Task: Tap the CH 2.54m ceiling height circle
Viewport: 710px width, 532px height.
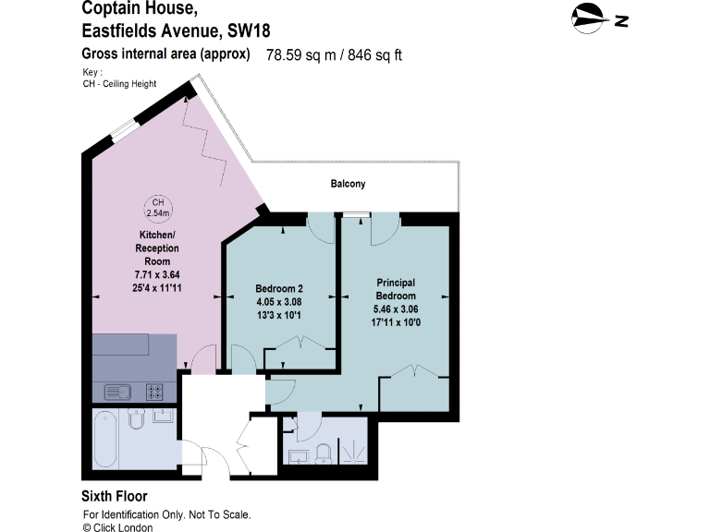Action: pos(158,208)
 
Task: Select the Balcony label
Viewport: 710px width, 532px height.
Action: pos(348,184)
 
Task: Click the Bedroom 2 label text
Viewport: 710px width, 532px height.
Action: pos(279,289)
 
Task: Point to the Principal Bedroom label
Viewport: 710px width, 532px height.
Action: pos(395,288)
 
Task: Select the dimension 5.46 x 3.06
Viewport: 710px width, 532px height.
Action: pos(395,310)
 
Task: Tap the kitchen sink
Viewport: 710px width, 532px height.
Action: pos(119,391)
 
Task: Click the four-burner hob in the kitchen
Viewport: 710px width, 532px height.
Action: pos(156,391)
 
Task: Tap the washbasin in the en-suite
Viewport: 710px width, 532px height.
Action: pos(298,455)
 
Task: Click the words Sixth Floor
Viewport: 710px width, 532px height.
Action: pos(115,496)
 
